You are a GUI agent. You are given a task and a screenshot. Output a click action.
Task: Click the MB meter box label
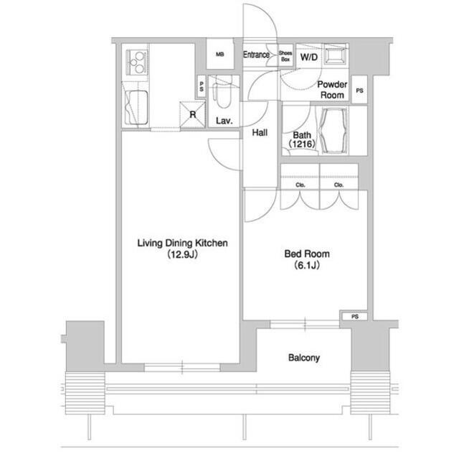[220, 54]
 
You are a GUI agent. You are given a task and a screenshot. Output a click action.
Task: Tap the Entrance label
[257, 55]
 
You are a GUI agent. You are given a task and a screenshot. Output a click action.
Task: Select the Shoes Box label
[285, 56]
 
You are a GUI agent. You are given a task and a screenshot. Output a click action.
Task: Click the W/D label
[309, 57]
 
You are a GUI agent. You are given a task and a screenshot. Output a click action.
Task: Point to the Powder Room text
[332, 90]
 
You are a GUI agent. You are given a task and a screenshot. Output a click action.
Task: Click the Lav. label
[224, 121]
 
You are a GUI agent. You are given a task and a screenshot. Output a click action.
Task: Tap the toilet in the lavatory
[223, 92]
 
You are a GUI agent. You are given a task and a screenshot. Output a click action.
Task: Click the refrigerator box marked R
[192, 115]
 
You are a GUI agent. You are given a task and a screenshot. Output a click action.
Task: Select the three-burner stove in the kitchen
[137, 62]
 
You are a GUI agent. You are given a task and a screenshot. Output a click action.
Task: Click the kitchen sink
[136, 108]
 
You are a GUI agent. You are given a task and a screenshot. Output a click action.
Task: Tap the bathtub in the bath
[333, 131]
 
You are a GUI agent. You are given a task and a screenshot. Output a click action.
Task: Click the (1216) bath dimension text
[302, 144]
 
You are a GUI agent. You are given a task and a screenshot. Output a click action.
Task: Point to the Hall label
[260, 133]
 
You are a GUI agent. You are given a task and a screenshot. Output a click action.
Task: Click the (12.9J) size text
[182, 254]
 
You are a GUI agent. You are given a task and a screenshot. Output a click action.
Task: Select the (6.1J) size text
[306, 265]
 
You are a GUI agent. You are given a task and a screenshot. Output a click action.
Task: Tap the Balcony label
[304, 358]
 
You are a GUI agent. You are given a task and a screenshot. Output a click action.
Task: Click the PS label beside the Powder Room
[359, 91]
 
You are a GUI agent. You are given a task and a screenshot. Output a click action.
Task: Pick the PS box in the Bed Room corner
[355, 316]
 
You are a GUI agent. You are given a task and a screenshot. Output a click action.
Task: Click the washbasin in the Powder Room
[335, 54]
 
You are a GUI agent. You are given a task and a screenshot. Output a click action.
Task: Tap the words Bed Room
[307, 254]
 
